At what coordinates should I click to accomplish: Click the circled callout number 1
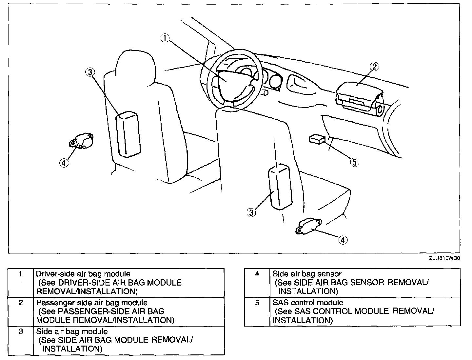point(165,38)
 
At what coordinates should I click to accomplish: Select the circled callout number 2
point(374,67)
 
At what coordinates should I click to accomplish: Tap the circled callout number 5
point(354,162)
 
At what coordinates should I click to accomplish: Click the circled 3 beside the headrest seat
point(90,72)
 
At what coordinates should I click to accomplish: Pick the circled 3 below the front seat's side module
point(251,212)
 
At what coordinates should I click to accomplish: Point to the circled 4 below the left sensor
point(64,162)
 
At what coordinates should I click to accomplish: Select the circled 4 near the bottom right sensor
point(343,240)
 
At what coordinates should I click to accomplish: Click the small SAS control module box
point(317,139)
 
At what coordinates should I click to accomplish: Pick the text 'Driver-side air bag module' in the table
point(83,274)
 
